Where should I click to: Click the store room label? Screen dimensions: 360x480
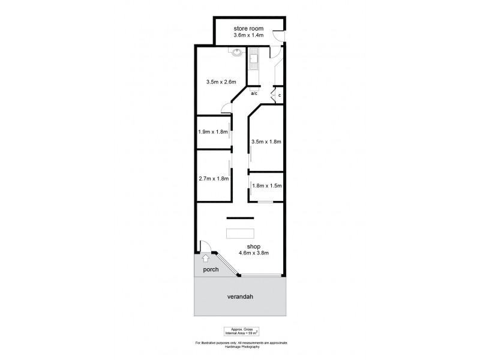click(x=248, y=29)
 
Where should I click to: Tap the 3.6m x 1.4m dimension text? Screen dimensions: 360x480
click(x=248, y=36)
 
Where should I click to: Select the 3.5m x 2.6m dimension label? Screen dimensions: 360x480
click(x=221, y=82)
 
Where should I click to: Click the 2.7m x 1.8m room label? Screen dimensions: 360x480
click(x=213, y=178)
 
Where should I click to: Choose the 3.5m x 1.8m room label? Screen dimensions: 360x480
click(x=266, y=142)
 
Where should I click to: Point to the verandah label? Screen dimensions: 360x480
click(x=239, y=297)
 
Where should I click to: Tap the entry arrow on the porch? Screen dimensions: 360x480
click(x=206, y=259)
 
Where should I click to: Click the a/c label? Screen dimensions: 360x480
click(x=254, y=94)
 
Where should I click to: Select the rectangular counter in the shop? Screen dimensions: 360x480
click(x=240, y=233)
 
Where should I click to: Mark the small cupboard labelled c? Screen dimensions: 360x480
click(x=279, y=95)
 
